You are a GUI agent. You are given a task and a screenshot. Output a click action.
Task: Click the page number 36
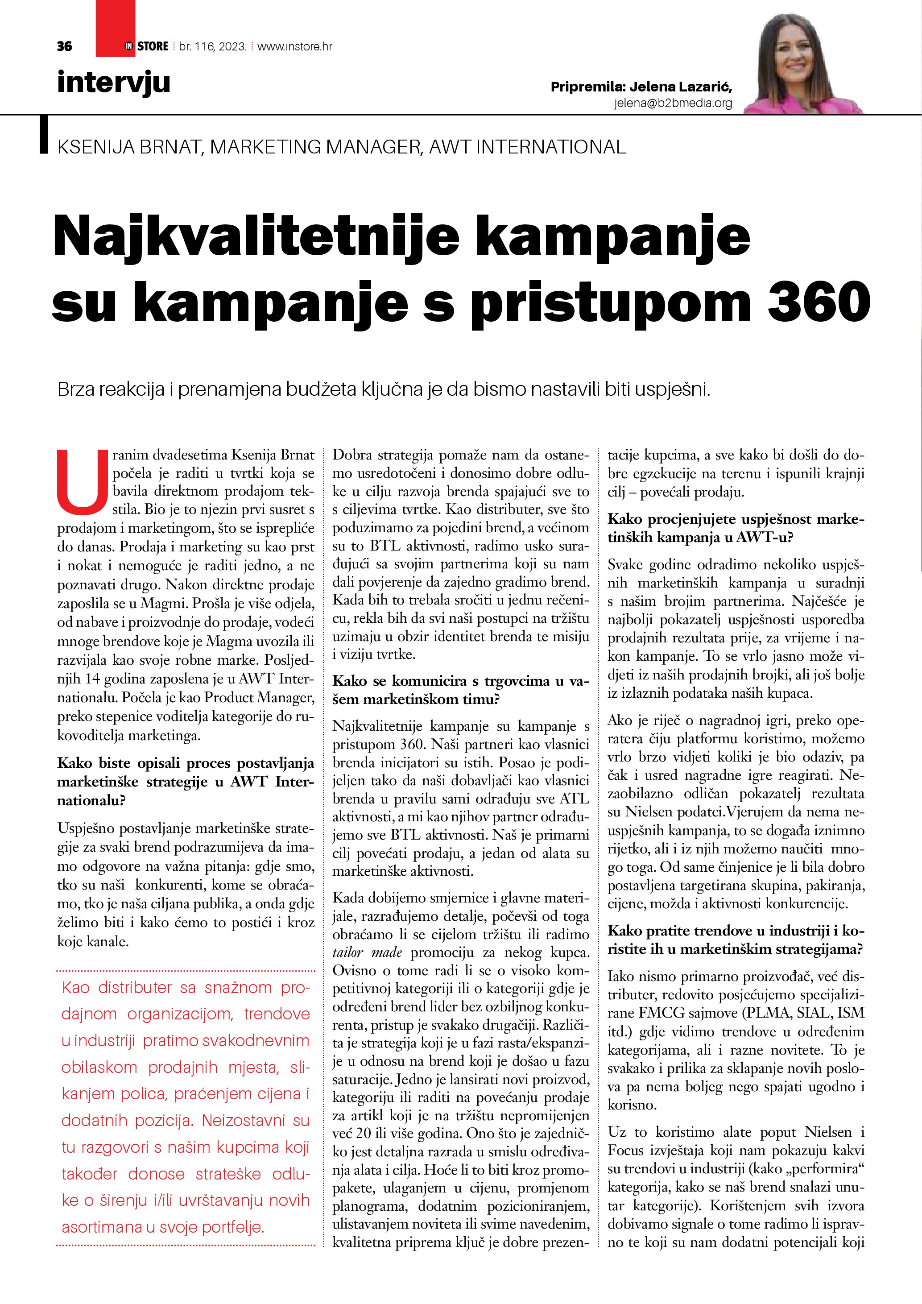64,46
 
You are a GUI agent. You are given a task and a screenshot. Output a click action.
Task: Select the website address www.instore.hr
295,46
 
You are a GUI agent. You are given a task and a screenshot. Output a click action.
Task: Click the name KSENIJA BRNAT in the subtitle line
129,147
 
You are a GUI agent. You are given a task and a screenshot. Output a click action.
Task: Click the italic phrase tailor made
367,952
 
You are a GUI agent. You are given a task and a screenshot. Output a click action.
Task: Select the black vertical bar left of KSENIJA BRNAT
44,135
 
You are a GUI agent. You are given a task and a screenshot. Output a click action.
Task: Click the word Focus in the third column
624,1151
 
